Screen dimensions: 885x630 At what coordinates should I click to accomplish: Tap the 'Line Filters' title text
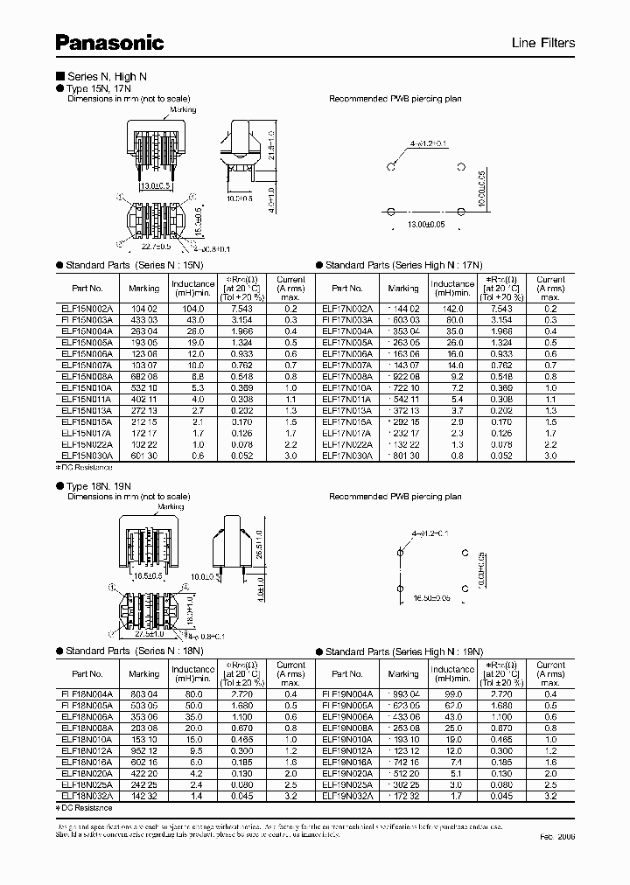pos(543,43)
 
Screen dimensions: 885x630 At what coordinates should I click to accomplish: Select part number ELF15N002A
pos(86,310)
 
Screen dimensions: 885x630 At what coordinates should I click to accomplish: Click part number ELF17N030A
pos(347,456)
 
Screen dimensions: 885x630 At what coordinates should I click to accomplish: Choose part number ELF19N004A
pos(347,693)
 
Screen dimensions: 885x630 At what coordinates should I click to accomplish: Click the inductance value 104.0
pos(192,310)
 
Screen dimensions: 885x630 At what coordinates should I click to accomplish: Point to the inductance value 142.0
pos(452,310)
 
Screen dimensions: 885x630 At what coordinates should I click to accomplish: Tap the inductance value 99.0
pos(452,693)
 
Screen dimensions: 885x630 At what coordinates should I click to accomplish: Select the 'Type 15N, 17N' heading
pos(100,88)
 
